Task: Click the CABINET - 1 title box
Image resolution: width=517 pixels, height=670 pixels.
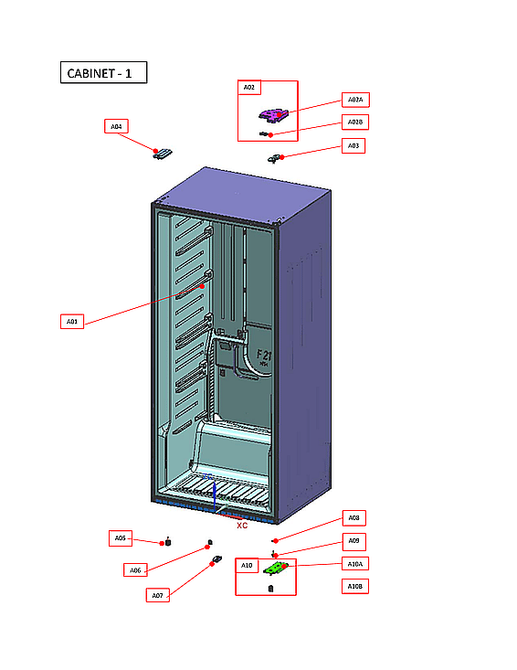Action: pos(103,73)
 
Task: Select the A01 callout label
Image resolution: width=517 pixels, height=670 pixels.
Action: pos(73,321)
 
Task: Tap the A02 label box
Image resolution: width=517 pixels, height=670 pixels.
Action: pos(249,88)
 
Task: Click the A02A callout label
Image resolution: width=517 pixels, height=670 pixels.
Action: pos(355,99)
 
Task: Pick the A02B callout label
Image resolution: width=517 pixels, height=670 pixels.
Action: pos(355,122)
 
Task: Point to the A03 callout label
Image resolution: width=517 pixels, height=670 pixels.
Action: pos(353,145)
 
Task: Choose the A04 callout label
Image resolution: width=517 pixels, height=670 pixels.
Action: pos(116,126)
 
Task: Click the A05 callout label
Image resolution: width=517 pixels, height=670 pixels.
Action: pos(121,538)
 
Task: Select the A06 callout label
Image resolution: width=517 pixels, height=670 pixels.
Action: pos(134,570)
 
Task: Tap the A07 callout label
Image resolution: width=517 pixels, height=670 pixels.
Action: pos(157,595)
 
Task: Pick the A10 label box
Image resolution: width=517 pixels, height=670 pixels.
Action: pos(247,566)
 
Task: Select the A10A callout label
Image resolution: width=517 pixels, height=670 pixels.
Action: pos(355,563)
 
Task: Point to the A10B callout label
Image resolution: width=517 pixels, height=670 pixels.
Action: pos(355,586)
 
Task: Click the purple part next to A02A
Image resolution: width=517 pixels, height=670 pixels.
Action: pos(273,114)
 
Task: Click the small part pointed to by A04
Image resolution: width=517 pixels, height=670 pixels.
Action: pos(162,154)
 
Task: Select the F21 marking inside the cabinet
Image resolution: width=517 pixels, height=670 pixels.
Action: pos(263,356)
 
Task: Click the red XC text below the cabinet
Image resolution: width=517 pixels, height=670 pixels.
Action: pos(242,526)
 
